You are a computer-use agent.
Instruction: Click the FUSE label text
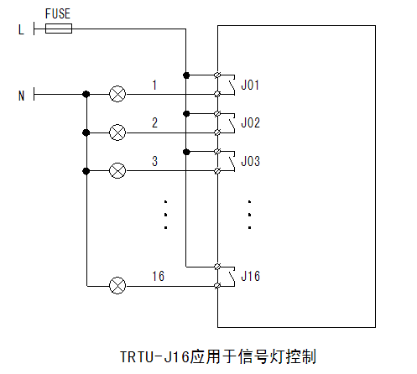click(58, 13)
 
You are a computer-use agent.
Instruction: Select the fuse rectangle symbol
click(59, 29)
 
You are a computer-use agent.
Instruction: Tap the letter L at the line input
click(21, 29)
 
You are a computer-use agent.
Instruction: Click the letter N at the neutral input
click(22, 96)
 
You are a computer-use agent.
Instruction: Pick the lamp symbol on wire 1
click(117, 94)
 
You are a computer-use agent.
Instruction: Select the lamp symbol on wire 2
click(117, 132)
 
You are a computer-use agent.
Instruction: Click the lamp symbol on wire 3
click(117, 170)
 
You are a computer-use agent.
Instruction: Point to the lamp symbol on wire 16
click(117, 285)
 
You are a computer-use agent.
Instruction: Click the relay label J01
click(250, 85)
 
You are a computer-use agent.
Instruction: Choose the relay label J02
click(250, 123)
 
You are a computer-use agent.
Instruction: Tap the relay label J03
click(250, 161)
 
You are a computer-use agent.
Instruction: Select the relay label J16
click(250, 276)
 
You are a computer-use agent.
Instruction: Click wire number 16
click(158, 276)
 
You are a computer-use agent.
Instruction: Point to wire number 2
click(154, 123)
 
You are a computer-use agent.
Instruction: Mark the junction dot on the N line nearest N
click(86, 94)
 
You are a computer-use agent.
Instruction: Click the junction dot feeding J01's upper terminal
click(186, 75)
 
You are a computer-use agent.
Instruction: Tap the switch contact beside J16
click(232, 277)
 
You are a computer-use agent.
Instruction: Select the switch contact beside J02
click(232, 123)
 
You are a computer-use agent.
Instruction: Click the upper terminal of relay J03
click(217, 152)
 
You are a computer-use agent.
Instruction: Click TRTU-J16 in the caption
click(154, 356)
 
